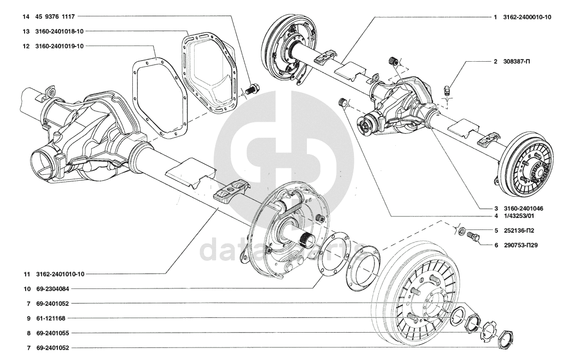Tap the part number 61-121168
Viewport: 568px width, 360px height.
[x=51, y=318]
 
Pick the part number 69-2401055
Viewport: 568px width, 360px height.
[x=53, y=333]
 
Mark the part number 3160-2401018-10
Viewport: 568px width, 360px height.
[x=61, y=32]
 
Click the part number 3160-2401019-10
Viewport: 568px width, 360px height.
[x=61, y=46]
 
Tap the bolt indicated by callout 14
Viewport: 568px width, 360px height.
[x=253, y=88]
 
